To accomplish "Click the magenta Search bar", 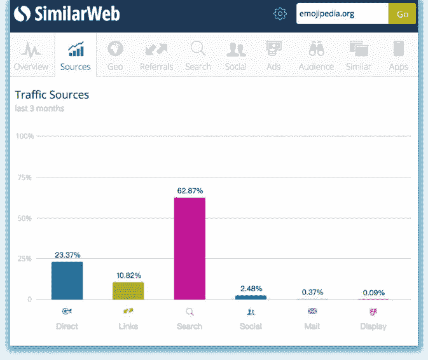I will pos(190,248).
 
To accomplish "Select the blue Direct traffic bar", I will pos(67,280).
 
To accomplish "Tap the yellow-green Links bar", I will pos(128,291).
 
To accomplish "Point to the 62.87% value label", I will pos(190,191).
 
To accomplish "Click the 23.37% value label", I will pos(67,255).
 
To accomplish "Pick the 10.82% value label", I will pos(128,275).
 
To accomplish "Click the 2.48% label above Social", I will pos(251,289).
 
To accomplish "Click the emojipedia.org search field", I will pos(342,14).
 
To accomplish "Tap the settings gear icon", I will pos(280,14).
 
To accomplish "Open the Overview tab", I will pos(31,55).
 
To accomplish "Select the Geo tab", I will pos(115,55).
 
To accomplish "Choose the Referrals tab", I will pos(155,55).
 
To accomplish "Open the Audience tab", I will pos(316,55).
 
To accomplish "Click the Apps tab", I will pos(399,55).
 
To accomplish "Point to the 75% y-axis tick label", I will pos(24,177).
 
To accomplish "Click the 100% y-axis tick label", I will pos(24,137).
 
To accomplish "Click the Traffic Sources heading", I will pos(52,95).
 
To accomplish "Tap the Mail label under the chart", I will pos(312,326).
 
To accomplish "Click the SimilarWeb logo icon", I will pos(23,13).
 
